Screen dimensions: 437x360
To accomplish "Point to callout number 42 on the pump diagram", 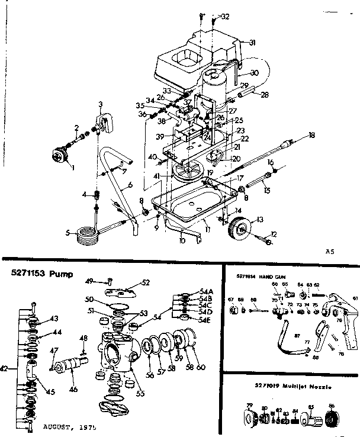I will point(4,368).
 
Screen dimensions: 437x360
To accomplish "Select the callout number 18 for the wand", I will point(311,136).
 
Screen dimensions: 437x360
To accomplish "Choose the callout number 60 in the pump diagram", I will point(201,368).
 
